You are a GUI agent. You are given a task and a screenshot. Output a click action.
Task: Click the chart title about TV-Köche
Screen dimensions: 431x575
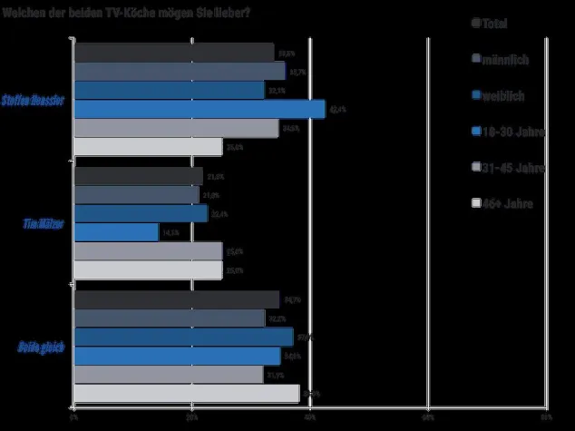point(127,10)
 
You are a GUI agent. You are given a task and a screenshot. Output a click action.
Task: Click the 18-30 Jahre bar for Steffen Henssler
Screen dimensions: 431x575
point(199,109)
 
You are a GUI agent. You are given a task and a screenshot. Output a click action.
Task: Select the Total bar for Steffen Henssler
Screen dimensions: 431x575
point(173,52)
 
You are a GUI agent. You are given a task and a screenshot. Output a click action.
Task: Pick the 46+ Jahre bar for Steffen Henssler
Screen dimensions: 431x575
point(147,147)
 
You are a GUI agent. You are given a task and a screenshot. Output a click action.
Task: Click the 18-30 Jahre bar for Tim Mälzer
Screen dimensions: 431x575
point(115,232)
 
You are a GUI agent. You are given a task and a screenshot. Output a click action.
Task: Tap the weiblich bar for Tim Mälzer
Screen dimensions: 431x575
point(140,213)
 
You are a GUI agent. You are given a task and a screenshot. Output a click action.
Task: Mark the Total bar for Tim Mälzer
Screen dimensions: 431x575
point(137,175)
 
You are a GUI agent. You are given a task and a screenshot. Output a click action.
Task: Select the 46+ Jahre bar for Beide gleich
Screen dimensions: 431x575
point(186,393)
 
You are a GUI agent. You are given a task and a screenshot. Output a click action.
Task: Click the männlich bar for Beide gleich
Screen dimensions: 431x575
point(169,318)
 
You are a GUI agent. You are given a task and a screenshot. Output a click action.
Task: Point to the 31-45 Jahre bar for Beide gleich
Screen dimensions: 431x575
point(168,374)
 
